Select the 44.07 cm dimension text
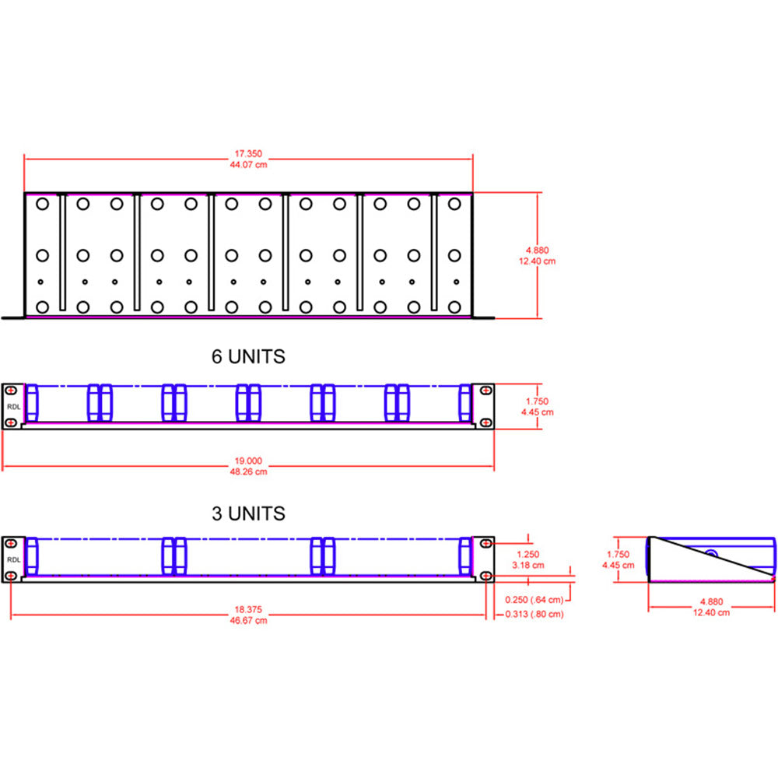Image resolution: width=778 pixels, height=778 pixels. [x=248, y=165]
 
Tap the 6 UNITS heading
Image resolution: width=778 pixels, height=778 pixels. [x=248, y=357]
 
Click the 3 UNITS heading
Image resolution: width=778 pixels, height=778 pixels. [x=248, y=514]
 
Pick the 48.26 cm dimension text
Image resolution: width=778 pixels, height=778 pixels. [x=248, y=471]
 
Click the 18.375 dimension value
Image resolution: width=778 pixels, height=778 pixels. [x=248, y=610]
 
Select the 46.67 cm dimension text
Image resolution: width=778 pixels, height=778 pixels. [x=248, y=620]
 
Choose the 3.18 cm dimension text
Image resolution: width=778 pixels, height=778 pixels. [x=529, y=565]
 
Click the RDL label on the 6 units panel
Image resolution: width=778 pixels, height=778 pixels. [x=12, y=406]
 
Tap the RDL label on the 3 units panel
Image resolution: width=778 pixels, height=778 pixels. [x=12, y=559]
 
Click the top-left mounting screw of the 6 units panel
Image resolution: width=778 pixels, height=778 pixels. [x=11, y=390]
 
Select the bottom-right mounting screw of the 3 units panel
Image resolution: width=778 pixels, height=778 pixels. [x=485, y=576]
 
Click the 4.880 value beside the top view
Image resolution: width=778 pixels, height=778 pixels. [x=537, y=251]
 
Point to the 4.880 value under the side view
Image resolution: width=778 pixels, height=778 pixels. [x=712, y=601]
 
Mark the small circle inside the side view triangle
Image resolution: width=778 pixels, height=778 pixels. [x=711, y=554]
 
